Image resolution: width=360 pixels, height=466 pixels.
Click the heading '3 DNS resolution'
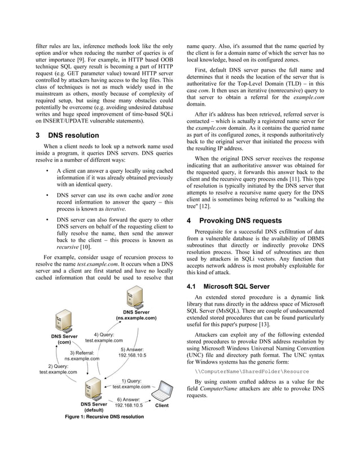67,135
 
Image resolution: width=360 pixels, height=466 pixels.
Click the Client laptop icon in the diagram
164,392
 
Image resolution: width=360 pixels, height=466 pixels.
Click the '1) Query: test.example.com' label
132,384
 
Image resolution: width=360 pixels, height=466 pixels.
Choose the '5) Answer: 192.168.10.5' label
131,352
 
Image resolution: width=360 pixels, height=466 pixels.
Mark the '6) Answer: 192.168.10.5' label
128,402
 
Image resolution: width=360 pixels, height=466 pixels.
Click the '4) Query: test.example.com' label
104,337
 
